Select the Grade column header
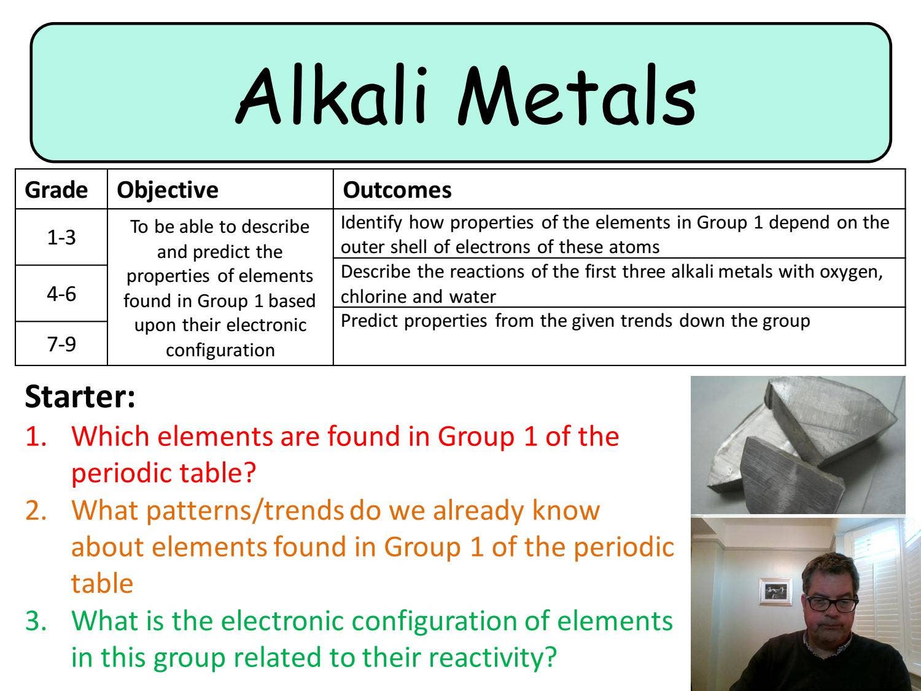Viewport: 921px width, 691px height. tap(56, 190)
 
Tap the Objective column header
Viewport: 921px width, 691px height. tap(168, 190)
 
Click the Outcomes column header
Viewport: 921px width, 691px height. tap(397, 190)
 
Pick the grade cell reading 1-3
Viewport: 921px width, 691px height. tap(61, 237)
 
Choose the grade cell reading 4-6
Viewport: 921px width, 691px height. tap(61, 294)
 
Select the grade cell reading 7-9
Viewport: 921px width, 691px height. tap(61, 343)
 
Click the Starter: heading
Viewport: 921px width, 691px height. tap(80, 397)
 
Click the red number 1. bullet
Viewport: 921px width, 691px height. tap(36, 437)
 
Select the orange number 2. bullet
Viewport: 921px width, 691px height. tap(36, 510)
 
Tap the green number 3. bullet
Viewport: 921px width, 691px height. tap(36, 621)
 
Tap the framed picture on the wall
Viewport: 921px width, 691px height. tap(775, 591)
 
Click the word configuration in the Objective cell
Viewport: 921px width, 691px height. tap(220, 350)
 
